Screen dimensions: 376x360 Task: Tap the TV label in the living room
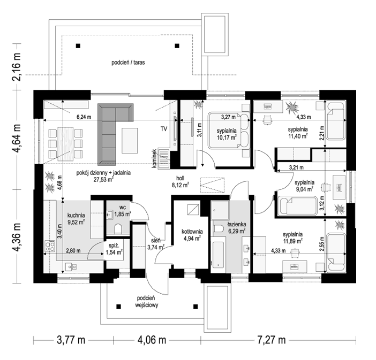164,129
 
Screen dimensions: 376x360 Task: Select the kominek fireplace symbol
164,158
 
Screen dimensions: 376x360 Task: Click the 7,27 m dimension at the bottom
272,340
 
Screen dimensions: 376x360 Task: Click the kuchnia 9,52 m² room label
76,219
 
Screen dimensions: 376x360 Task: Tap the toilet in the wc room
118,229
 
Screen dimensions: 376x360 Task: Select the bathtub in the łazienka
219,255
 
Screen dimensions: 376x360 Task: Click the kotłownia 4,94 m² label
192,235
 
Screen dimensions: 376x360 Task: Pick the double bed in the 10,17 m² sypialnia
229,131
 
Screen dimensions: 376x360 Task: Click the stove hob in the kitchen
50,247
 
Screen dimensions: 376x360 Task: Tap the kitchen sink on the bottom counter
71,266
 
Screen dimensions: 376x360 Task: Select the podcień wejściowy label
146,302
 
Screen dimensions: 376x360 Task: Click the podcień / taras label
128,63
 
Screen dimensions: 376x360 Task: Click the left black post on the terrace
78,46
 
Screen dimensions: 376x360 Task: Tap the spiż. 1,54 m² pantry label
114,249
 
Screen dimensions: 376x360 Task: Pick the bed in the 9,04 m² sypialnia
297,205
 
